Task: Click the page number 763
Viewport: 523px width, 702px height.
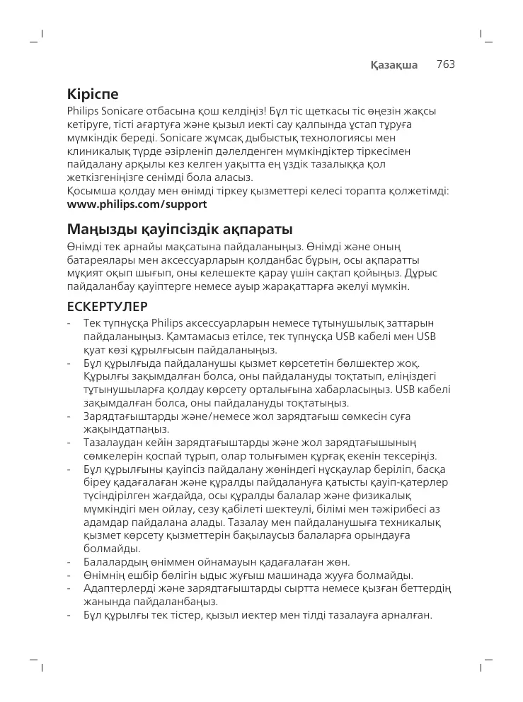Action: click(445, 64)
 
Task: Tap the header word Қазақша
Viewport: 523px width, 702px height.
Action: click(395, 65)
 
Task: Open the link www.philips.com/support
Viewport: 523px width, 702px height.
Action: click(137, 204)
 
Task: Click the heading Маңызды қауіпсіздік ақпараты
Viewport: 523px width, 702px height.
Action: click(179, 230)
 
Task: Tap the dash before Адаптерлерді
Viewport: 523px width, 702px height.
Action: click(68, 589)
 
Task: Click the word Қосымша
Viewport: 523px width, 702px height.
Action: click(93, 191)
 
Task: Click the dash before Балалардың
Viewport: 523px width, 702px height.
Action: click(68, 562)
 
